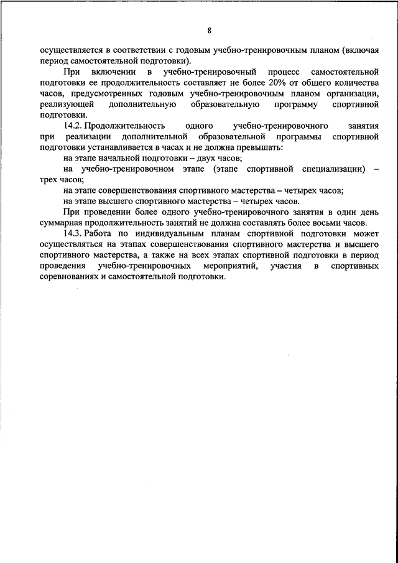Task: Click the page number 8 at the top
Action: [x=210, y=30]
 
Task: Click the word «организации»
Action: [x=354, y=94]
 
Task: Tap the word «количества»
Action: [x=353, y=83]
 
